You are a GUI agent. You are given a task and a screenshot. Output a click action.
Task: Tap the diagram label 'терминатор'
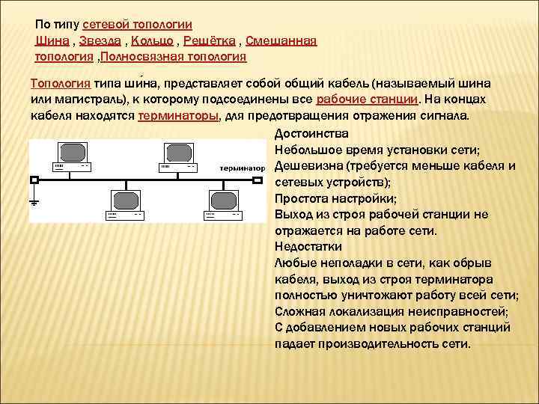243,168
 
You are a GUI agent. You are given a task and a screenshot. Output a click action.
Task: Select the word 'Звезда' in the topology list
102,40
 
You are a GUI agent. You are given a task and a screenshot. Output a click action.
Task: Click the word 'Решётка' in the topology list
211,40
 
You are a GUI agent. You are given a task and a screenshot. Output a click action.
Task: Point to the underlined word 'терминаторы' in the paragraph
178,116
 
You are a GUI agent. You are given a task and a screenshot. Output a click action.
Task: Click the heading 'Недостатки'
308,246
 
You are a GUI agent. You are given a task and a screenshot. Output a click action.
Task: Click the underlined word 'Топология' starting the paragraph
61,84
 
